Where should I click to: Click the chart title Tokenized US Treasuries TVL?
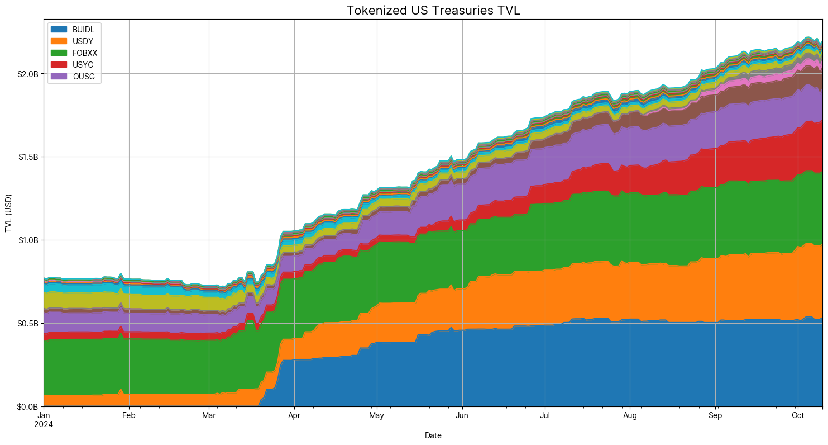coord(433,10)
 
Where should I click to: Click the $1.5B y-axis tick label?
coord(28,157)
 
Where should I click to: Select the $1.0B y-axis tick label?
coord(28,240)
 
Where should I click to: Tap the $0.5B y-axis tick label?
coord(28,324)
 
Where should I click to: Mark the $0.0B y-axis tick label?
coord(28,407)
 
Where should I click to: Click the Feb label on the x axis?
coord(129,416)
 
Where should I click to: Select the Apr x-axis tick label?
coord(294,416)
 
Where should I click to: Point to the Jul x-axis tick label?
coord(545,416)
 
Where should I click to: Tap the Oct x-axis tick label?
coord(798,416)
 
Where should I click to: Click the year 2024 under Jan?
coord(44,425)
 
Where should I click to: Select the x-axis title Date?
coord(433,435)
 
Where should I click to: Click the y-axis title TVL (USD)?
coord(8,213)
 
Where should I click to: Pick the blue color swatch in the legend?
coord(59,29)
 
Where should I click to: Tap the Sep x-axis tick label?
coord(715,416)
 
